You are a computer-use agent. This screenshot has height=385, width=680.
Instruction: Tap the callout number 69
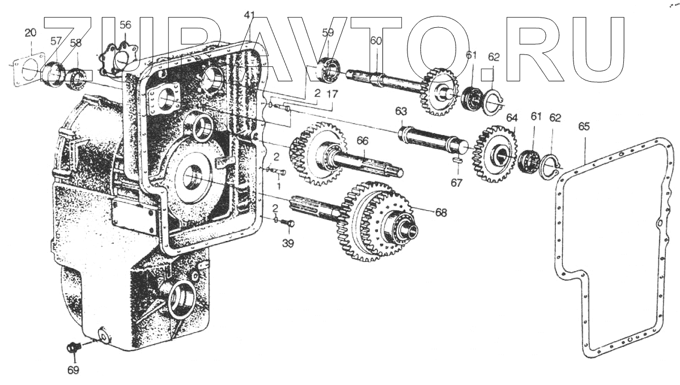coord(74,371)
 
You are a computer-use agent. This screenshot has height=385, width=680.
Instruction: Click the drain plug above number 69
coord(73,347)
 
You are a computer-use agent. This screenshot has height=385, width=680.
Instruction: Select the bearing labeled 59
coord(328,68)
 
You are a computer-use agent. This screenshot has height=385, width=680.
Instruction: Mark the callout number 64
coord(512,118)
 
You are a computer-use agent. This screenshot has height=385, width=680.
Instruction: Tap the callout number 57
coord(56,41)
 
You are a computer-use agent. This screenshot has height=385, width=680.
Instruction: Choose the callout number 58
coord(75,43)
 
